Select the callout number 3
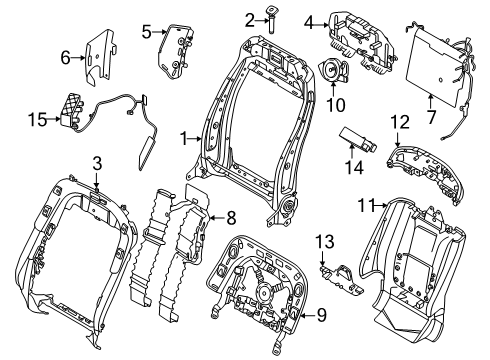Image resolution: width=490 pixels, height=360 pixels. (x=96, y=162)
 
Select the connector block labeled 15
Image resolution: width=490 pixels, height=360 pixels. (x=72, y=109)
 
